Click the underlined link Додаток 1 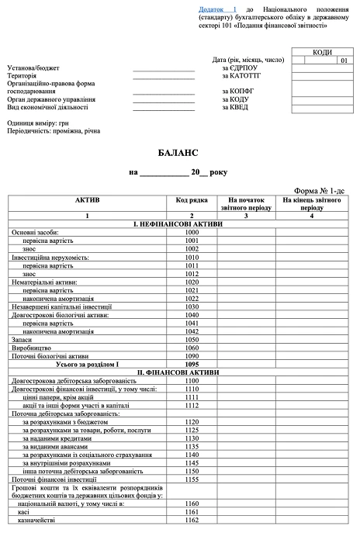pyautogui.click(x=218, y=8)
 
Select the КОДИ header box pyautogui.click(x=322, y=52)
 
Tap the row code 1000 pyautogui.click(x=192, y=233)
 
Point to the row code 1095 pyautogui.click(x=192, y=363)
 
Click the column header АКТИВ pyautogui.click(x=87, y=200)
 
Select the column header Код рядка pyautogui.click(x=192, y=200)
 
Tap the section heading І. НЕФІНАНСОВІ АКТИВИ pyautogui.click(x=180, y=225)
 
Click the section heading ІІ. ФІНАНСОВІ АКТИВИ pyautogui.click(x=180, y=372)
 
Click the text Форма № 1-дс pyautogui.click(x=323, y=189)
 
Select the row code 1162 pyautogui.click(x=192, y=519)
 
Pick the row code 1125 pyautogui.click(x=192, y=430)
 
